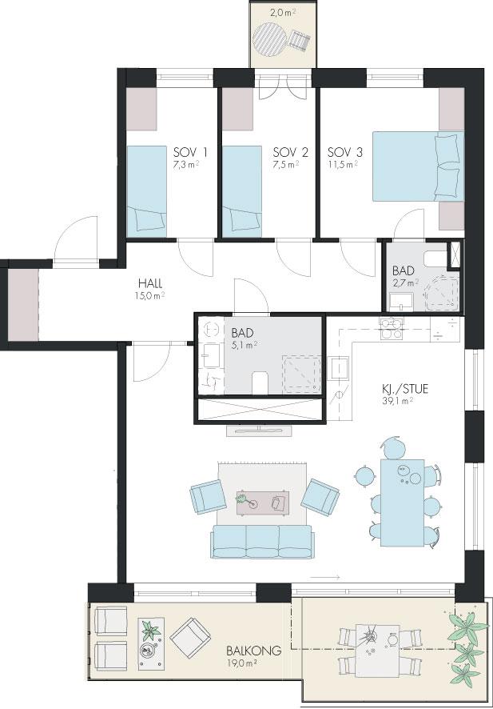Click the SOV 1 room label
190,152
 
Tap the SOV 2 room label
291,152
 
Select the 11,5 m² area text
343,165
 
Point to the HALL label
150,284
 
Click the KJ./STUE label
404,388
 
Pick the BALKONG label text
254,651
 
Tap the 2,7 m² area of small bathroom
405,283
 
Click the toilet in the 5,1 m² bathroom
259,383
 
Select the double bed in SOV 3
418,166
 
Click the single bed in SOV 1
147,191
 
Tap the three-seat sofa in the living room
262,541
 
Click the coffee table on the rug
263,503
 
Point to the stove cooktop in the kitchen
392,329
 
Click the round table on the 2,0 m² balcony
270,40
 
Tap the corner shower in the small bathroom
442,293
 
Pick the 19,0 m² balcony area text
242,663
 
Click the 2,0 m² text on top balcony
283,13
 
